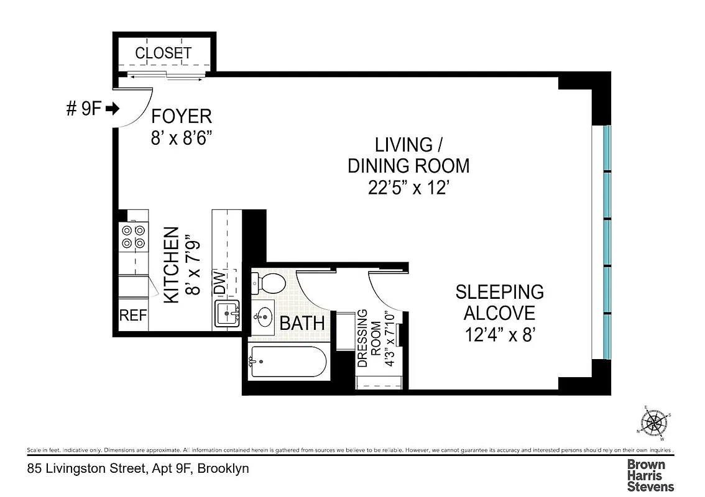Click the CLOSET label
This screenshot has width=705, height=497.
point(164,53)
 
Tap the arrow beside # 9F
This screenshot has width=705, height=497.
point(113,109)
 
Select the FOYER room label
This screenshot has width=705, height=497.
point(182,116)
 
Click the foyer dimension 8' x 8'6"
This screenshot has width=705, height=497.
point(182,138)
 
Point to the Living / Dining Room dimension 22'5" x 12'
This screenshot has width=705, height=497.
point(408,187)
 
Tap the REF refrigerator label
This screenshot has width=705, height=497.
point(133,316)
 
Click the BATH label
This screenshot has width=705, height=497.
point(302,324)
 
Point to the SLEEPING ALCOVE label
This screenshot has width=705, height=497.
point(500,301)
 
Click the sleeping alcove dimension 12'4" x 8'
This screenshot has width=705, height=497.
point(500,335)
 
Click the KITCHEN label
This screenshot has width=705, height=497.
point(172,266)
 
